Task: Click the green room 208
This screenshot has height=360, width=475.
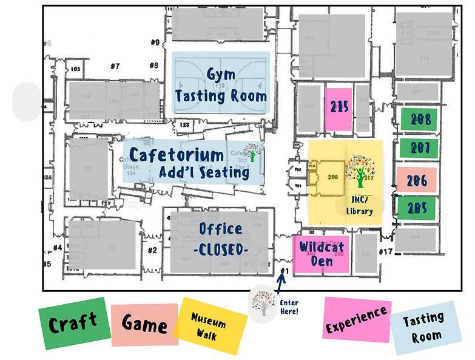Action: pos(417,119)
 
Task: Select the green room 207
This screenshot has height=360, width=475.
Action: pos(417,148)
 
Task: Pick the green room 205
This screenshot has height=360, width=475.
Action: pos(417,208)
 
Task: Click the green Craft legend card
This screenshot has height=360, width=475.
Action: pos(72,322)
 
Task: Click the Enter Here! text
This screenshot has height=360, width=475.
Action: pos(289,307)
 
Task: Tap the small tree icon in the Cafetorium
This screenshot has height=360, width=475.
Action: pos(253,149)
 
